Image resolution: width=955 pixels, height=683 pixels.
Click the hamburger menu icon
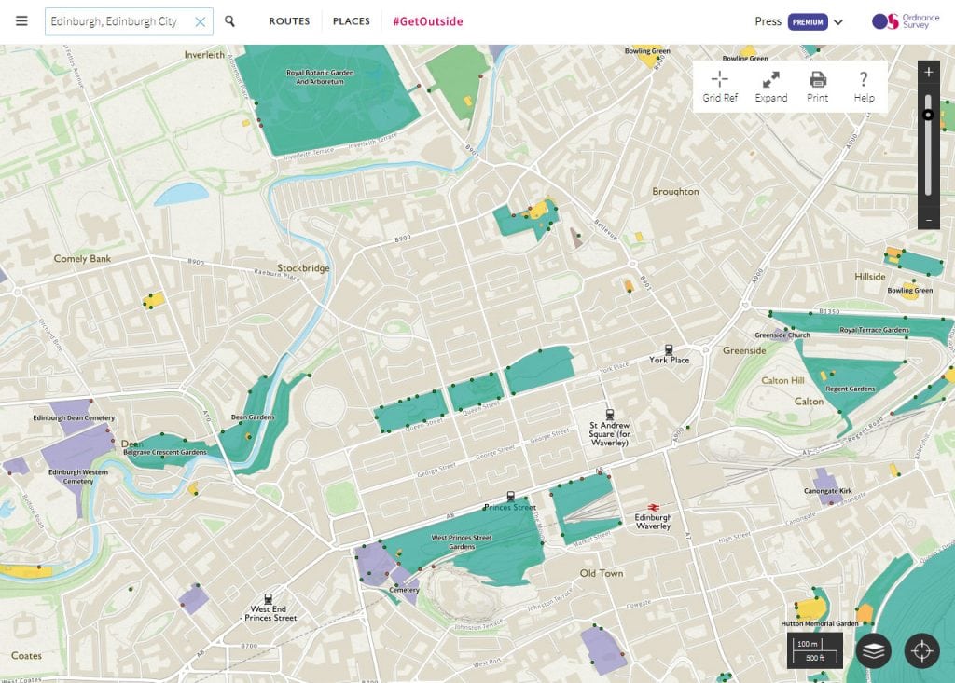pyautogui.click(x=21, y=21)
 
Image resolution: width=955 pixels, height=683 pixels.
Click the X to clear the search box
pyautogui.click(x=200, y=21)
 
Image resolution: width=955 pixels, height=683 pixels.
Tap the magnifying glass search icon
pyautogui.click(x=230, y=21)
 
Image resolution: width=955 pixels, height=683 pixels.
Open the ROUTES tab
pyautogui.click(x=289, y=21)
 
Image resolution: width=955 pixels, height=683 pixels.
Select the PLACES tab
pyautogui.click(x=352, y=21)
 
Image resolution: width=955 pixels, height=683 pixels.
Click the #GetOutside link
pyautogui.click(x=427, y=21)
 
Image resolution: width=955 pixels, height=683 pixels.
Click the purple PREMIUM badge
pyautogui.click(x=808, y=21)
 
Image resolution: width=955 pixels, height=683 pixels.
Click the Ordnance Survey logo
pyautogui.click(x=899, y=21)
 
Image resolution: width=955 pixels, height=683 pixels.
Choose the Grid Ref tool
pyautogui.click(x=720, y=86)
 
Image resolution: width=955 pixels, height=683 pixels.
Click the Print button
pyautogui.click(x=818, y=86)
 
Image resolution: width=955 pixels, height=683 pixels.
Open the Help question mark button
pyautogui.click(x=864, y=86)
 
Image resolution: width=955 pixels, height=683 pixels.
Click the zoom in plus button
pyautogui.click(x=928, y=72)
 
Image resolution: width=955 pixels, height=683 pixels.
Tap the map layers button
pyautogui.click(x=873, y=650)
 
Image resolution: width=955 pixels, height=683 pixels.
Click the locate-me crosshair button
pyautogui.click(x=922, y=650)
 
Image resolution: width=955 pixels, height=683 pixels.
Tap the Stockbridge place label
pyautogui.click(x=303, y=268)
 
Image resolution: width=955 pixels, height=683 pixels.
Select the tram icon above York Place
pyautogui.click(x=669, y=350)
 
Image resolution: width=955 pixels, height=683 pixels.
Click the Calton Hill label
pyautogui.click(x=782, y=381)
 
